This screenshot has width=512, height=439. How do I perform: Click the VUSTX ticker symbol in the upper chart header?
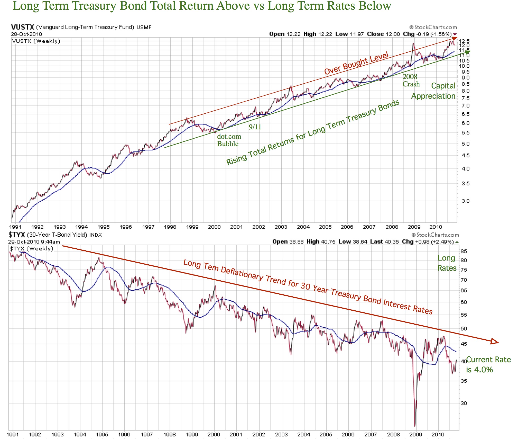point(22,27)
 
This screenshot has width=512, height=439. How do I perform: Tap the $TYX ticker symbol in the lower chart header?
point(17,235)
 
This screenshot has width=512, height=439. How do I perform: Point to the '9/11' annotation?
point(255,127)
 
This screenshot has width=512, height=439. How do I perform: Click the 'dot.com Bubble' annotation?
point(229,140)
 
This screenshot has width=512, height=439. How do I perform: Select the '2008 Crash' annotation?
point(411,80)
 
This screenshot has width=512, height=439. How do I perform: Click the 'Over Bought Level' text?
point(356,63)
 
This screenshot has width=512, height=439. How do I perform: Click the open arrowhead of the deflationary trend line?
point(494,341)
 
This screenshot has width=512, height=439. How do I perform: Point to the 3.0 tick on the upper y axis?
point(466,201)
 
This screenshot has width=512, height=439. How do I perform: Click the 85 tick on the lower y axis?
point(464,251)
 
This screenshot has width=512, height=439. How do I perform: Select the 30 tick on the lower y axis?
point(464,403)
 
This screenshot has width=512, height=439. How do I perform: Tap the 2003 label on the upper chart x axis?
point(281,227)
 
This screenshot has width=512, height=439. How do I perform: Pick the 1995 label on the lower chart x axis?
point(102,434)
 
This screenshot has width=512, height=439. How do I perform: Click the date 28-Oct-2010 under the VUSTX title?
point(26,34)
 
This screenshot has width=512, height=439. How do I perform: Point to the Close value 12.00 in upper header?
point(392,34)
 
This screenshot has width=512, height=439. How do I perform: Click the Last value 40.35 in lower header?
point(391,241)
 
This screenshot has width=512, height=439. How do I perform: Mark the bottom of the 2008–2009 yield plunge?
point(415,426)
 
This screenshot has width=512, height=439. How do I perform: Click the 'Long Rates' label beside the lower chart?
point(447,263)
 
